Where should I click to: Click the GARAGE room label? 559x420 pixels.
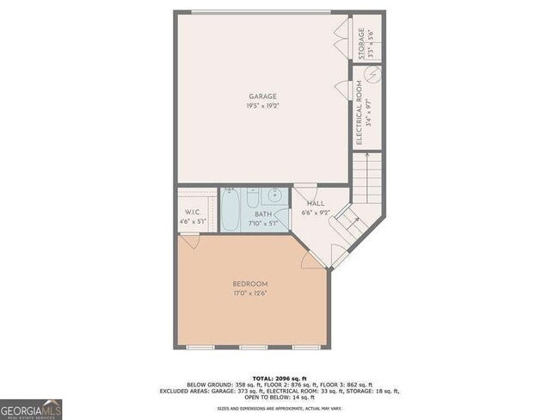click(x=262, y=96)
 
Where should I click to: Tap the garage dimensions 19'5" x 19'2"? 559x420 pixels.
click(x=262, y=107)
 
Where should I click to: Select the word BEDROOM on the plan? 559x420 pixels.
click(x=250, y=284)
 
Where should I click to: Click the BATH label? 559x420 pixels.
click(x=262, y=215)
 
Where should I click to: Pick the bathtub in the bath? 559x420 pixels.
click(x=230, y=210)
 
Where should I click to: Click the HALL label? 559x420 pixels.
click(x=314, y=203)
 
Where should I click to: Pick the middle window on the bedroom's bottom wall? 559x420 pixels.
click(x=253, y=348)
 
